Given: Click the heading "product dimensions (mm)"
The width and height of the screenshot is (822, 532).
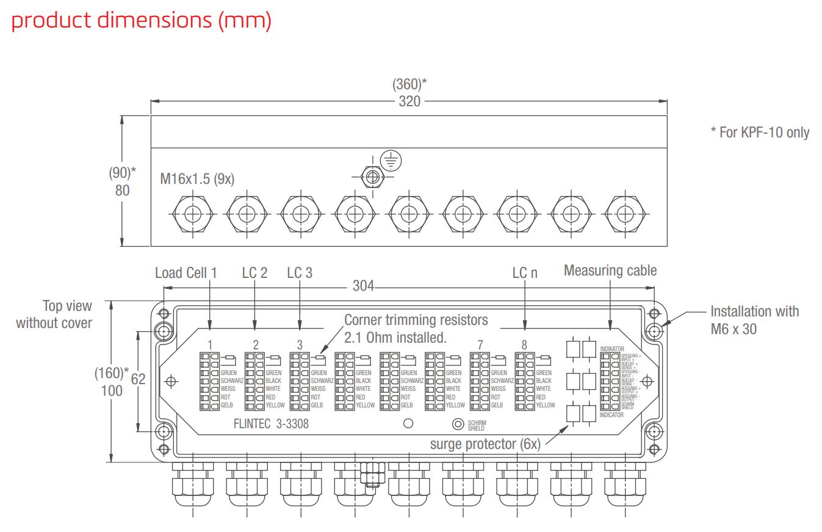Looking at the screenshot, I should pos(141,20).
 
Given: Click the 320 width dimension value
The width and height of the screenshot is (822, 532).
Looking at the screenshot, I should pos(409,101).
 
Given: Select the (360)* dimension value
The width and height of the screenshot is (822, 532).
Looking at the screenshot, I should pos(409,85).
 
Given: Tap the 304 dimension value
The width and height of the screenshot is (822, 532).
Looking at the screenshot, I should pos(363,286).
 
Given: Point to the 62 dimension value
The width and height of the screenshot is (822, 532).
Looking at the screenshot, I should pos(139,379).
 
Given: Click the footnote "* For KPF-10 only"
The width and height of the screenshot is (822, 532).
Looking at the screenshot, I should pos(760,133).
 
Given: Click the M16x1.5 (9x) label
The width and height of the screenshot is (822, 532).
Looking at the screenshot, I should pos(197,179).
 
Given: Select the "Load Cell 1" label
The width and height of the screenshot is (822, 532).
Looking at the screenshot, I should pos(186,272).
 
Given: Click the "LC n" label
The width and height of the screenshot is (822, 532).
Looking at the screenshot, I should pos(525,273).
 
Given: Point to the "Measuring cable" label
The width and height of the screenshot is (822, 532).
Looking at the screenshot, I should pos(610,271).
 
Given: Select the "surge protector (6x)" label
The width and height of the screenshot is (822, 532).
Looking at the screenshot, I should pos(485,444).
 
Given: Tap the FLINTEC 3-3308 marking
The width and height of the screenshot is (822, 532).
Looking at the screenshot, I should pos(271,423).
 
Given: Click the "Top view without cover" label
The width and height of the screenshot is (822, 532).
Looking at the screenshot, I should pos(54,314).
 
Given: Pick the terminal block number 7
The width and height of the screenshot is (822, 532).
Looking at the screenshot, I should pos(480,345).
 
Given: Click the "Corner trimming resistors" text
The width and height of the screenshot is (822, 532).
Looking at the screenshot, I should pos(416,320).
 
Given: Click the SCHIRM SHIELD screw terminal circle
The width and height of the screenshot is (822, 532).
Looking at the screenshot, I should pos(457,424).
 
